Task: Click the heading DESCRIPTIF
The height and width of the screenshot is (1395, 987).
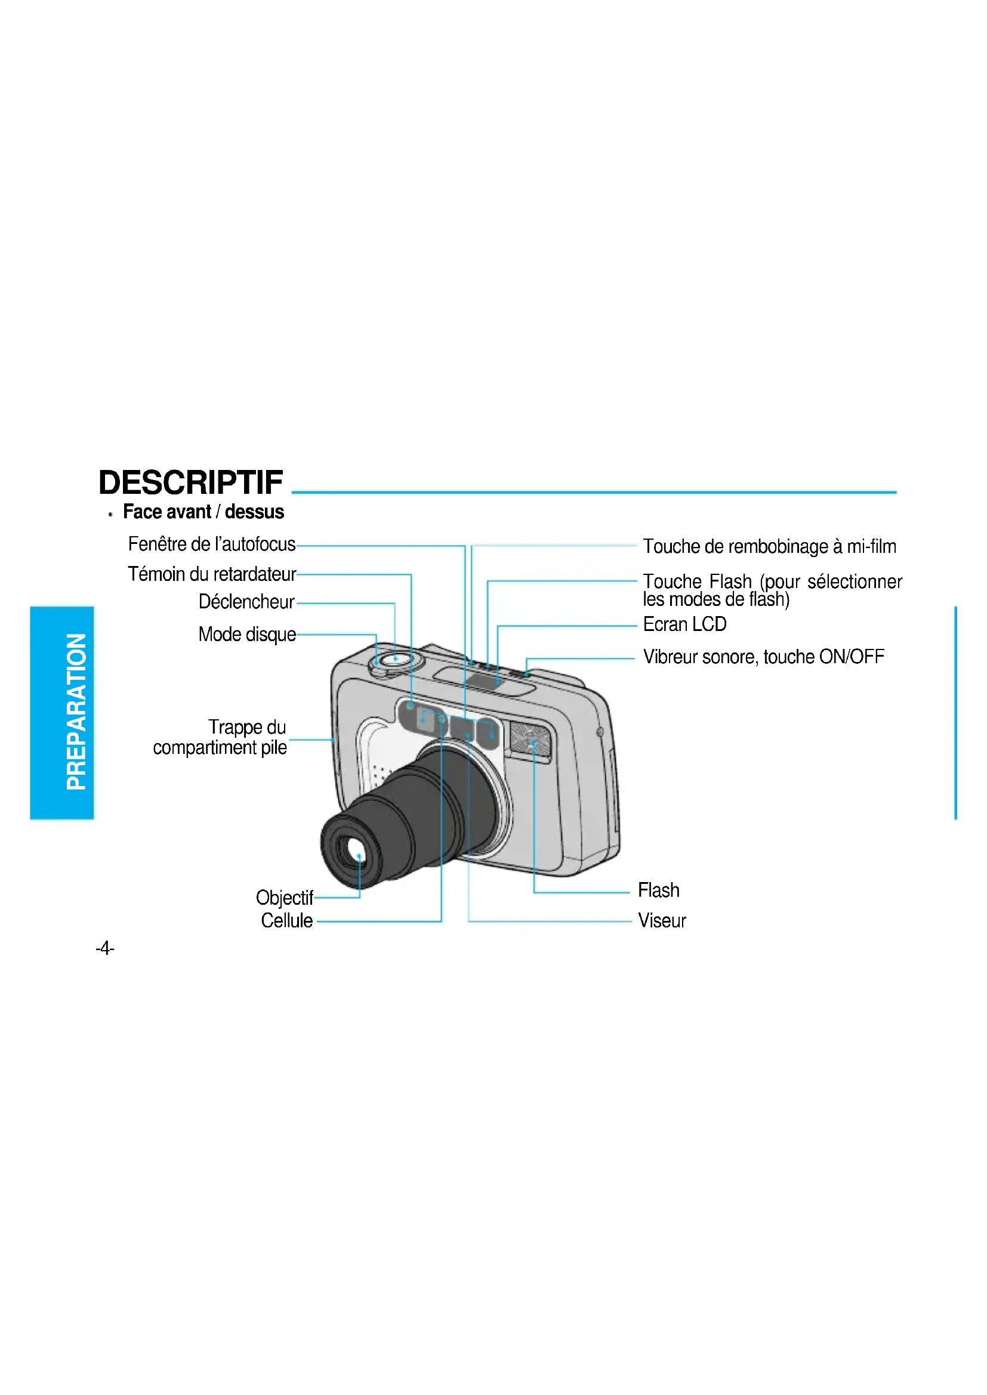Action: pyautogui.click(x=190, y=483)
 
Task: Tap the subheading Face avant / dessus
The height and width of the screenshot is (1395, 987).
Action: pyautogui.click(x=203, y=512)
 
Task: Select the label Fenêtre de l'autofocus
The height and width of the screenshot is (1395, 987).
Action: pyautogui.click(x=211, y=545)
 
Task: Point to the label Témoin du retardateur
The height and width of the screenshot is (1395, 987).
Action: pyautogui.click(x=211, y=574)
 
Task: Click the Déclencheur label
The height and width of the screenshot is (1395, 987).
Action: pyautogui.click(x=246, y=602)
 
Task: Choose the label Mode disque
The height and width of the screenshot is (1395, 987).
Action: pyautogui.click(x=247, y=635)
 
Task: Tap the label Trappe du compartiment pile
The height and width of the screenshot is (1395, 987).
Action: pyautogui.click(x=220, y=738)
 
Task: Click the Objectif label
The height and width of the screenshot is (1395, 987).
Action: pyautogui.click(x=284, y=898)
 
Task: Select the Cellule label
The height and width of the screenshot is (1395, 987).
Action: pyautogui.click(x=286, y=920)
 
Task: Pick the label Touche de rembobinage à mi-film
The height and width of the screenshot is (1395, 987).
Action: pyautogui.click(x=769, y=547)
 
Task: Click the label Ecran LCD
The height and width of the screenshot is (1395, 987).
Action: pyautogui.click(x=684, y=624)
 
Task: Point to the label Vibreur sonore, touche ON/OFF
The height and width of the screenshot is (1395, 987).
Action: pyautogui.click(x=763, y=657)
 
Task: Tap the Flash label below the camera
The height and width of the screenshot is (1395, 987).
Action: pyautogui.click(x=658, y=890)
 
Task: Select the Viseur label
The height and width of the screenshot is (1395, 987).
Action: pyautogui.click(x=661, y=920)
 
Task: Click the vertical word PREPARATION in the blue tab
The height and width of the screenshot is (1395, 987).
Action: pyautogui.click(x=76, y=712)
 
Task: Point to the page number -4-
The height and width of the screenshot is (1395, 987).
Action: pyautogui.click(x=104, y=948)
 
